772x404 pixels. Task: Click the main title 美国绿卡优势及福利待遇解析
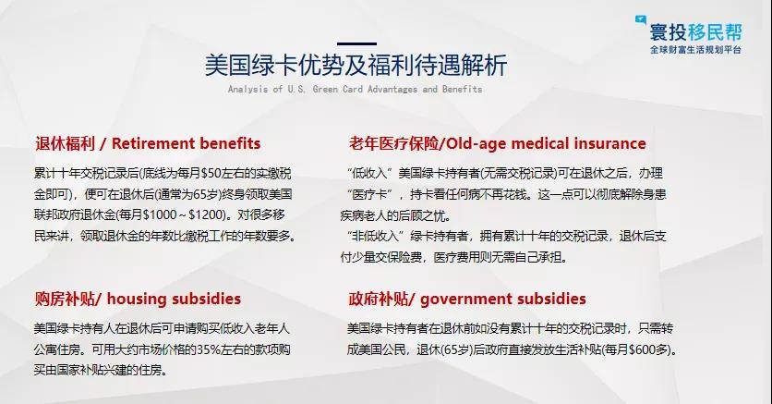356,66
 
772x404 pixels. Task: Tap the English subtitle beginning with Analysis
355,89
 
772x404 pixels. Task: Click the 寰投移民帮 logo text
695,32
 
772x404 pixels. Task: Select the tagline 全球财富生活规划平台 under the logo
695,50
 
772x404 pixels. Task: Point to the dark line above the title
357,43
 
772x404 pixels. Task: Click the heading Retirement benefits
187,143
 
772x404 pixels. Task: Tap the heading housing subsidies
174,299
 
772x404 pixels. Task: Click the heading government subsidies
503,299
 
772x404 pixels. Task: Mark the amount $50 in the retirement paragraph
211,174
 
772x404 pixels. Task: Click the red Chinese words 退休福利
65,143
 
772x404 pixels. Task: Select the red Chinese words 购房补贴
65,299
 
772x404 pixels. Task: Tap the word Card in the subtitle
353,89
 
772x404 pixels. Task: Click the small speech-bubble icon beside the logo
641,20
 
